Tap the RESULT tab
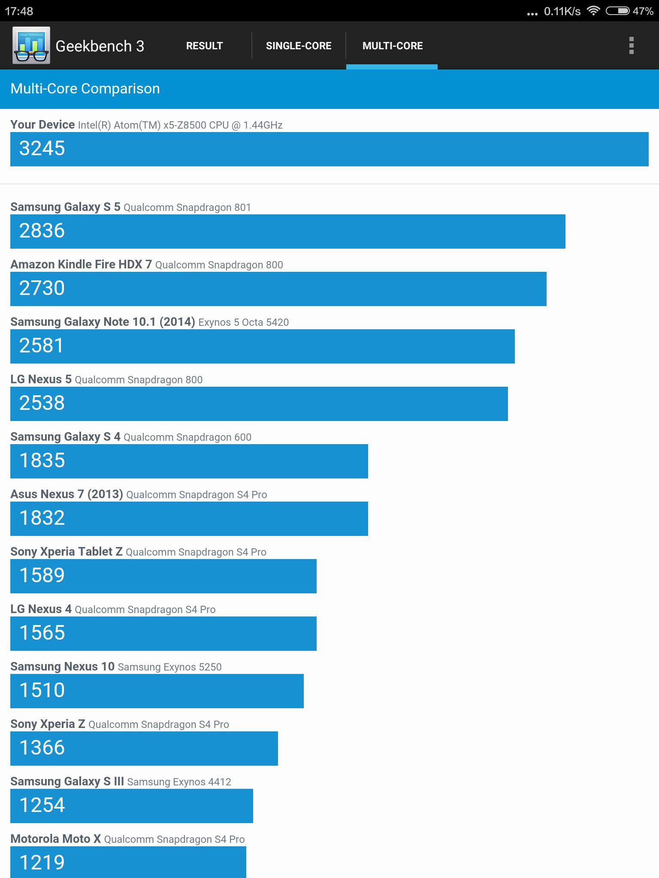pyautogui.click(x=204, y=46)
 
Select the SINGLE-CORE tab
pyautogui.click(x=299, y=46)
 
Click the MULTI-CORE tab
pyautogui.click(x=393, y=46)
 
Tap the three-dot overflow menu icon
pyautogui.click(x=631, y=45)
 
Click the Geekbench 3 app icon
pyautogui.click(x=31, y=45)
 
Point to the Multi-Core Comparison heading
pyautogui.click(x=85, y=89)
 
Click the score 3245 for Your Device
pyautogui.click(x=42, y=148)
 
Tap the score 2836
pyautogui.click(x=42, y=231)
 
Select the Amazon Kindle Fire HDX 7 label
pyautogui.click(x=81, y=264)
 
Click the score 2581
pyautogui.click(x=41, y=346)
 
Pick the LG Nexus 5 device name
pyautogui.click(x=41, y=379)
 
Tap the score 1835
pyautogui.click(x=42, y=460)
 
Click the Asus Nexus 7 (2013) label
pyautogui.click(x=67, y=494)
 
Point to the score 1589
pyautogui.click(x=42, y=575)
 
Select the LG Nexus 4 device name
pyautogui.click(x=41, y=609)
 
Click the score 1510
pyautogui.click(x=42, y=690)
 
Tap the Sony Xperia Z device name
pyautogui.click(x=48, y=724)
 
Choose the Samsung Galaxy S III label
pyautogui.click(x=67, y=782)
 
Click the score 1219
pyautogui.click(x=42, y=863)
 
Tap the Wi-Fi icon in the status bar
pyautogui.click(x=593, y=11)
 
